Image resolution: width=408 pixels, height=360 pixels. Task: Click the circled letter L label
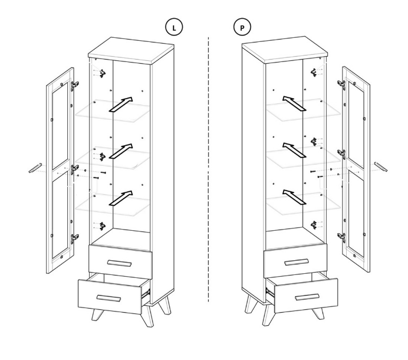tap(174, 27)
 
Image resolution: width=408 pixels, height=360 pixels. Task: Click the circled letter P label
tap(242, 27)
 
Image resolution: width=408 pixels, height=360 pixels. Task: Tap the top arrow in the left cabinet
tap(121, 104)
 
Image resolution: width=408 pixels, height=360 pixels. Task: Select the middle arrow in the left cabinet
tap(121, 151)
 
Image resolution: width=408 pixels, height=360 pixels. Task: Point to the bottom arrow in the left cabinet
tap(121, 198)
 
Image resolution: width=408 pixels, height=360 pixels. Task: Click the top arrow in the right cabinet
tap(294, 103)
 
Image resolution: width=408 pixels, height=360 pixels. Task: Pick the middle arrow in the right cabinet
tap(294, 150)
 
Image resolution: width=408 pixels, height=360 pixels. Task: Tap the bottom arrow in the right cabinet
tap(294, 197)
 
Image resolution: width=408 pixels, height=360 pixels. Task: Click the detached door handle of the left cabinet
tap(35, 168)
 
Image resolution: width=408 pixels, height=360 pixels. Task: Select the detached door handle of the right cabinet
tap(381, 166)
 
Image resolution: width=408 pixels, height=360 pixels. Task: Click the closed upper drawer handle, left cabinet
tap(119, 263)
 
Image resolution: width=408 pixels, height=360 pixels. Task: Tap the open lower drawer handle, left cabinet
tap(108, 299)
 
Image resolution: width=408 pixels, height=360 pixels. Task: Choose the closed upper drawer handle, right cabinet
tap(297, 262)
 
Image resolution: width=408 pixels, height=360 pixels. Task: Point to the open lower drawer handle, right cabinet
tap(307, 297)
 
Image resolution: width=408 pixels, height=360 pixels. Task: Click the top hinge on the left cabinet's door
tap(75, 85)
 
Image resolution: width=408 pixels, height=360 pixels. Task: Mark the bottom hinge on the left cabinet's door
tap(75, 238)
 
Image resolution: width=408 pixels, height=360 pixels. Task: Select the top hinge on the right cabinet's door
tap(341, 84)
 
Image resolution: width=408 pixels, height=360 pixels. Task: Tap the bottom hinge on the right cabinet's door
tap(341, 237)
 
